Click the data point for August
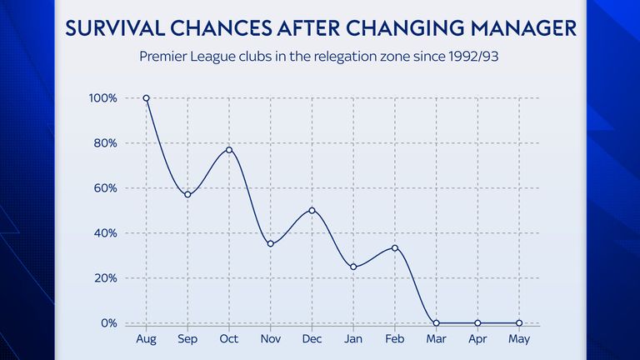[147, 98]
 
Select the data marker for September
[188, 195]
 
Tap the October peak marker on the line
[229, 150]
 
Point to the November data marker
[271, 244]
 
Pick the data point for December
[312, 210]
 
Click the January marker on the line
[353, 267]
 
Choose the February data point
[394, 247]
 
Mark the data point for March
[436, 323]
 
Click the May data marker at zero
[518, 323]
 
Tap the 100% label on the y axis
[104, 98]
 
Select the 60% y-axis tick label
[107, 188]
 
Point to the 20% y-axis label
[107, 278]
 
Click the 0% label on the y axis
[109, 323]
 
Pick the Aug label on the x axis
[147, 339]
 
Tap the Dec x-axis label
[312, 339]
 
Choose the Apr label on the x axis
[477, 339]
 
